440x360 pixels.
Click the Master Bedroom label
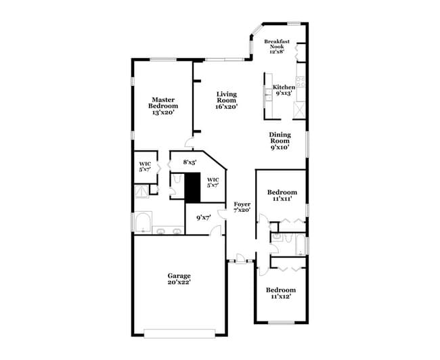pyautogui.click(x=164, y=106)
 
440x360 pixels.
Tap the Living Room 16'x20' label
pyautogui.click(x=227, y=100)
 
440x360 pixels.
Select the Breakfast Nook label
pyautogui.click(x=278, y=46)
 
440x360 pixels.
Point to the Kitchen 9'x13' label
pyautogui.click(x=284, y=91)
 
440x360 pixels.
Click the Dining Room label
pyautogui.click(x=280, y=141)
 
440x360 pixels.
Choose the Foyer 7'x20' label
pyautogui.click(x=242, y=207)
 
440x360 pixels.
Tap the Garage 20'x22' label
pyautogui.click(x=179, y=279)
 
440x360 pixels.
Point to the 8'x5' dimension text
pyautogui.click(x=190, y=162)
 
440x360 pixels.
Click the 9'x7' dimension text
pyautogui.click(x=203, y=217)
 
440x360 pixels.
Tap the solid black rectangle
pyautogui.click(x=193, y=187)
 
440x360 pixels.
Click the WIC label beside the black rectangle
pyautogui.click(x=213, y=182)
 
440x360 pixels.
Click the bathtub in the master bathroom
pyautogui.click(x=143, y=223)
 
